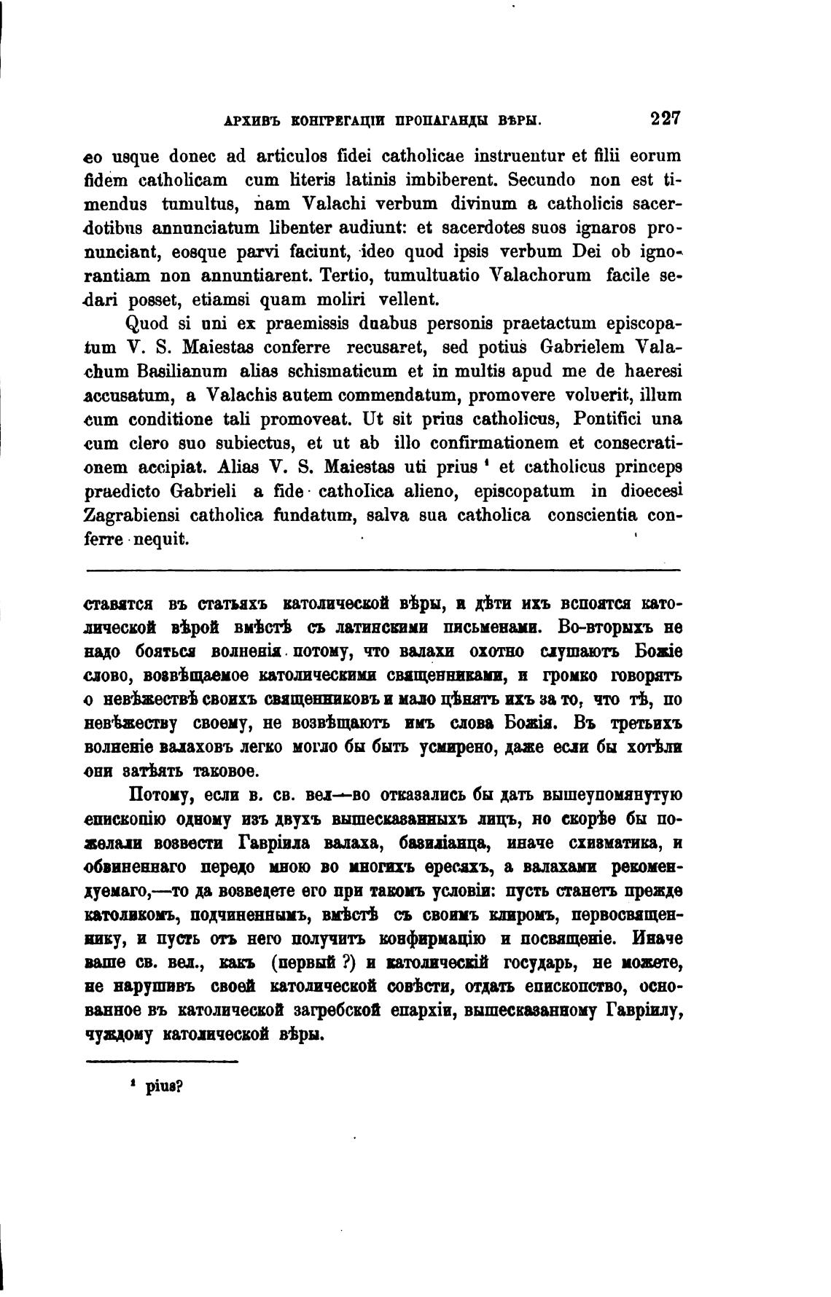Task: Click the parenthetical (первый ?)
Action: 313,963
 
